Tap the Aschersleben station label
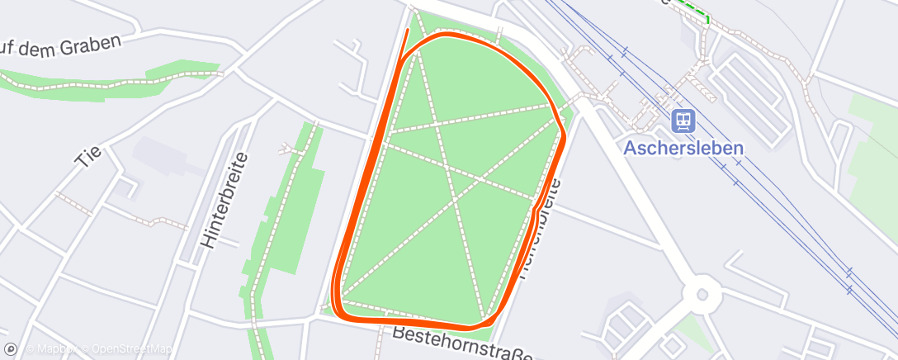click(683, 149)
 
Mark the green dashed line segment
click(693, 9)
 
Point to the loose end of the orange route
click(408, 31)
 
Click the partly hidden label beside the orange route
click(536, 239)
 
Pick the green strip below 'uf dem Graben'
click(124, 83)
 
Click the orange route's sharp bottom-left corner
click(336, 305)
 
